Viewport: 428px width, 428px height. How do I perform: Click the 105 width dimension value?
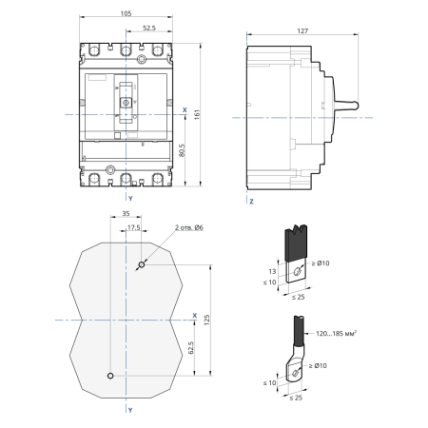tap(126, 13)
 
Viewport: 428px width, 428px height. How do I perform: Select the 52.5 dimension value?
tap(149, 28)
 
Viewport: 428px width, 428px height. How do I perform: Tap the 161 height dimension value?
tap(197, 114)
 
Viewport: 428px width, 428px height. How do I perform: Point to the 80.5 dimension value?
tap(182, 150)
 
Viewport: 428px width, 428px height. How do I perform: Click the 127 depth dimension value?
tap(302, 31)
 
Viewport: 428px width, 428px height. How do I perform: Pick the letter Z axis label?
tap(251, 202)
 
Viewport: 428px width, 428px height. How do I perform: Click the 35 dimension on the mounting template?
tap(126, 214)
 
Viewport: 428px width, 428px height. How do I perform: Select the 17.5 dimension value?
tap(134, 227)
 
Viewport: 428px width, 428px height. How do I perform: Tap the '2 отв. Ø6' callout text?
tap(189, 227)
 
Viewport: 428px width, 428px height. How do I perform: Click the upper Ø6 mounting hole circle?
tap(142, 264)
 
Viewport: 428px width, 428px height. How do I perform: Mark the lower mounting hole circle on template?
tap(110, 376)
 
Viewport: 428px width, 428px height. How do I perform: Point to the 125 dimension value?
tap(207, 320)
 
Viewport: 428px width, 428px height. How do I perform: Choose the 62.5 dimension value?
tap(191, 348)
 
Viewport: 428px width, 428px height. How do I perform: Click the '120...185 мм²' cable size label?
tap(337, 333)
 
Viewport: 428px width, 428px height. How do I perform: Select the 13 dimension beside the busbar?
tap(272, 271)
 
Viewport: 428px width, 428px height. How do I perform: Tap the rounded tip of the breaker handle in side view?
tap(356, 106)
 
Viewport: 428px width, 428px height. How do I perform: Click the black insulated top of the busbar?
tap(296, 243)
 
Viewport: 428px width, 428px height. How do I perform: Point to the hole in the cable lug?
tap(295, 373)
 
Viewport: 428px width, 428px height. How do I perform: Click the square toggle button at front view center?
tap(126, 103)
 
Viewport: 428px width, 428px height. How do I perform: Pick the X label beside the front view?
tap(185, 110)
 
